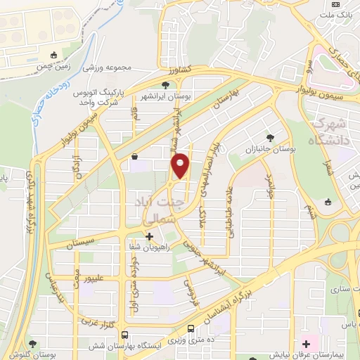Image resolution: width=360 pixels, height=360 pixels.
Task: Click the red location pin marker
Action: (181, 166)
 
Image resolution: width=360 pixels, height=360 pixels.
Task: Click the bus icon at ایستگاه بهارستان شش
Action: (124, 335)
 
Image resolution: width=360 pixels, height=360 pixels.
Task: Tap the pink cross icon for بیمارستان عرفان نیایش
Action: (306, 344)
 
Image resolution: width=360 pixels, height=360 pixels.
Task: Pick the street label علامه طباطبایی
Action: (229, 211)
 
